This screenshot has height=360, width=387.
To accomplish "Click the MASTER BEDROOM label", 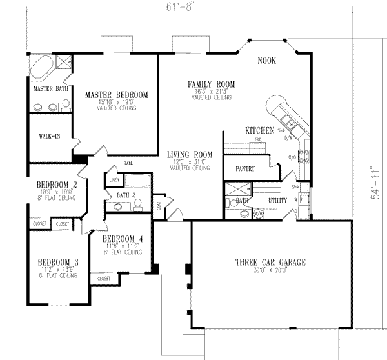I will coord(116,95).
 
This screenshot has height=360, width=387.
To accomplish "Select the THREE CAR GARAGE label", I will coord(270,263).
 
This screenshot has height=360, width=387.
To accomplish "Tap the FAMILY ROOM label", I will coord(211,84).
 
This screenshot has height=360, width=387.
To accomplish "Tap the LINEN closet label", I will coord(115,180).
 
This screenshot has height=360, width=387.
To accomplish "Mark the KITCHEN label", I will coord(260,130).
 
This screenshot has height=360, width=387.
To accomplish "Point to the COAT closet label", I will coord(158,206).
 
